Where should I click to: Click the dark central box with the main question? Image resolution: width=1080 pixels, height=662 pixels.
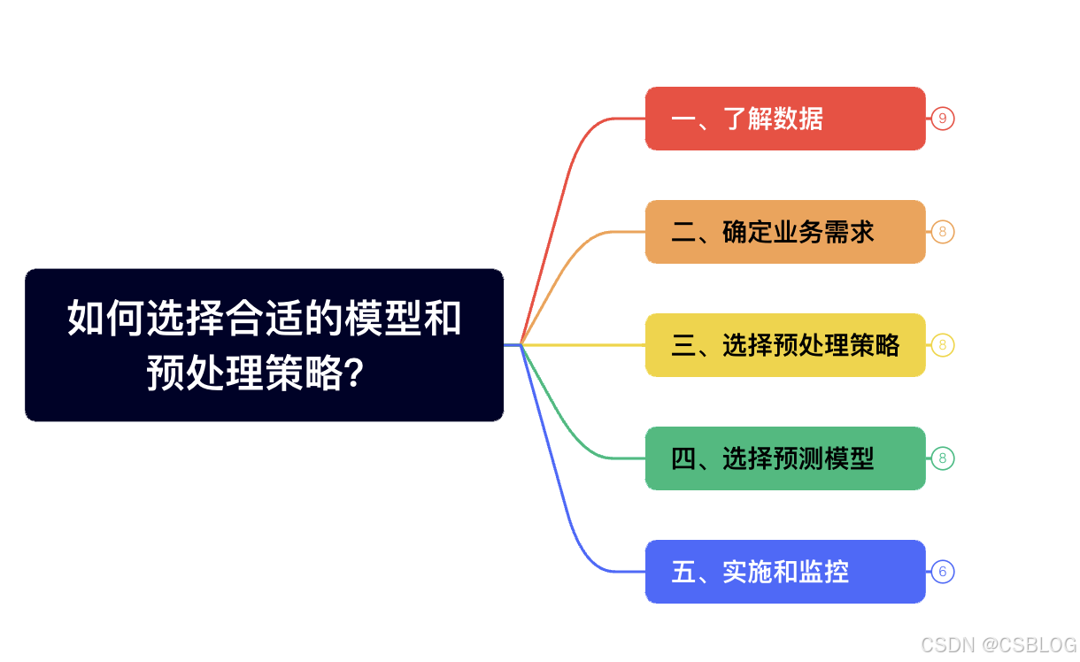click(264, 344)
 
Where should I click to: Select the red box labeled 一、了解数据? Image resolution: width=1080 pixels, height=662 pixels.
click(784, 119)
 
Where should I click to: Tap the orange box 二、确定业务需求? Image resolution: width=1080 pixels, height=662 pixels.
click(784, 232)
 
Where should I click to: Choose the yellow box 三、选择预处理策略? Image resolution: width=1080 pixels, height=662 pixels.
click(784, 345)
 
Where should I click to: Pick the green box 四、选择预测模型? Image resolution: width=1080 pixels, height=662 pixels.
click(784, 458)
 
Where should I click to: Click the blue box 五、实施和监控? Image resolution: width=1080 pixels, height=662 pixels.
click(784, 572)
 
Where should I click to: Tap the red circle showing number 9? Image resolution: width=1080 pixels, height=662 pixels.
click(942, 119)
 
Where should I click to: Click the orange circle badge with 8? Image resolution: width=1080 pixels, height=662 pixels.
click(942, 232)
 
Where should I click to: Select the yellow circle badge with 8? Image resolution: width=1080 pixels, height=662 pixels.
click(942, 345)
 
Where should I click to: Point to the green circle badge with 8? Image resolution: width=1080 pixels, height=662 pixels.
click(942, 458)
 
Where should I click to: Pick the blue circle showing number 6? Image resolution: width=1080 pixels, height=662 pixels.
click(942, 572)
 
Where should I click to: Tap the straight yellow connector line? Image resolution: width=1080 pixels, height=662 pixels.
click(584, 344)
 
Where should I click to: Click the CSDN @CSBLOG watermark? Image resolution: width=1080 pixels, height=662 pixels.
click(999, 645)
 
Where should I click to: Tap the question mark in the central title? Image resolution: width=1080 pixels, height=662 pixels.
click(351, 375)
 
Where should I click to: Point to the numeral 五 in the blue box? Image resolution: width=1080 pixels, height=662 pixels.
click(683, 572)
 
